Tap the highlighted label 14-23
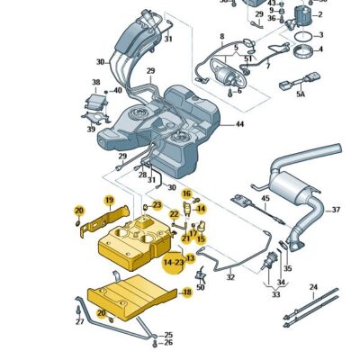point(173,262)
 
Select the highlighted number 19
point(109,199)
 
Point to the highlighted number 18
point(187,292)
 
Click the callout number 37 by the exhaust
point(336,211)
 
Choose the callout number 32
point(230,276)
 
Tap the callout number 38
point(95,82)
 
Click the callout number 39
point(90,130)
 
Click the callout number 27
point(78,321)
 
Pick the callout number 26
point(167,343)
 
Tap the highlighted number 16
point(187,193)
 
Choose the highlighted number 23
point(157,205)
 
